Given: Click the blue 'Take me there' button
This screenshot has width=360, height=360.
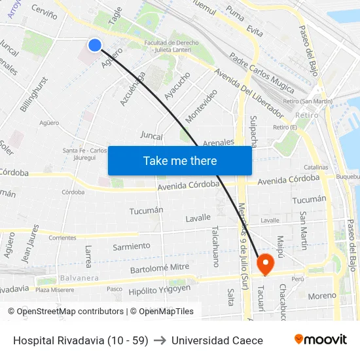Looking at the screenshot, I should coord(179,160).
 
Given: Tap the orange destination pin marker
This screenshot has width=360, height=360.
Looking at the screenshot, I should coord(266,264).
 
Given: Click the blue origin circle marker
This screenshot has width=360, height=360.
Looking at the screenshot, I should coord(95,45).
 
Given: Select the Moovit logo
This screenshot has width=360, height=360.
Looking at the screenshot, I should coord(320,340).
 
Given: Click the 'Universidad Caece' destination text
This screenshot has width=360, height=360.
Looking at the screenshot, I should coord(217,340).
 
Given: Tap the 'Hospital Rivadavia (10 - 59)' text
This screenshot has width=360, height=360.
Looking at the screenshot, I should coord(81,340).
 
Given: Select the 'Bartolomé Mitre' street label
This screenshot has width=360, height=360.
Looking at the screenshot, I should coord(160,268).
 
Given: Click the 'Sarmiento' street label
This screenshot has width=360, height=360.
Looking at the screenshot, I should coord(132,246).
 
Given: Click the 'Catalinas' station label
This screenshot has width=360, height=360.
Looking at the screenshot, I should coord(316,168).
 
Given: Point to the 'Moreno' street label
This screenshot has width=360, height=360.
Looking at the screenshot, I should coord(322,296).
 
